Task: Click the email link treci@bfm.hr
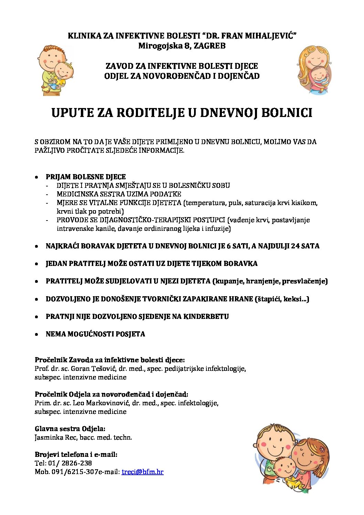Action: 142,472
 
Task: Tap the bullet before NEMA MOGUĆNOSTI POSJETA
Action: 36,334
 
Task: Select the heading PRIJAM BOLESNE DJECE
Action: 86,177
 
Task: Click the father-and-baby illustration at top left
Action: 55,71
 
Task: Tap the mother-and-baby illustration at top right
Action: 314,70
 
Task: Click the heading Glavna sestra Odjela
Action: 70,429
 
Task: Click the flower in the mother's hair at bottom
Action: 322,449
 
